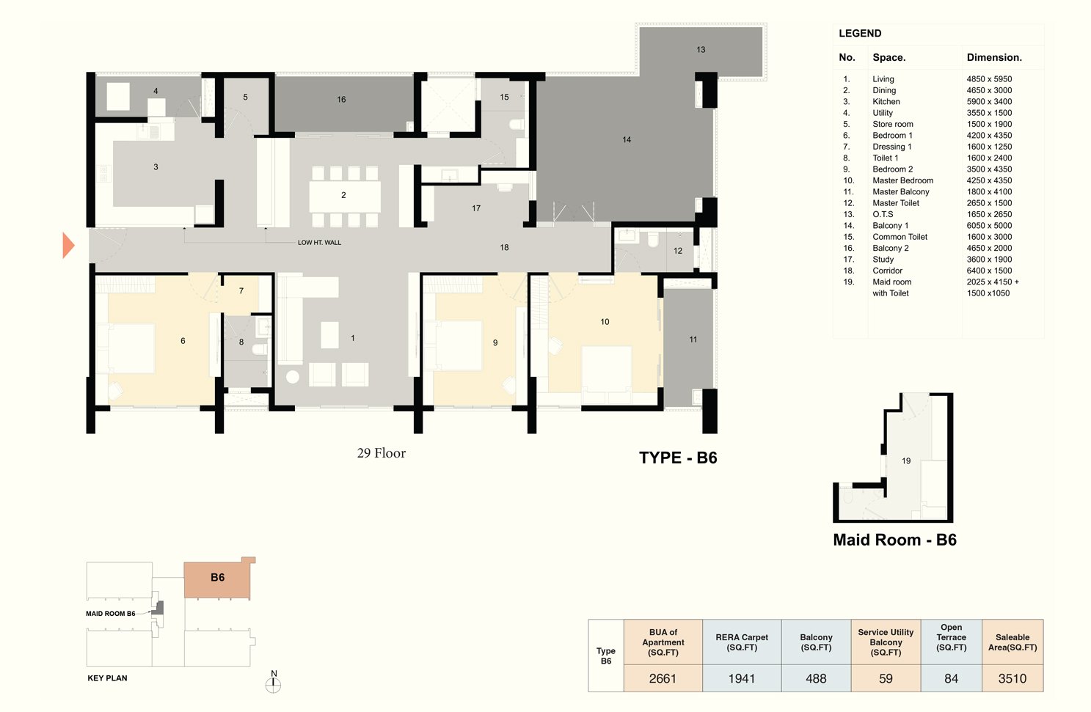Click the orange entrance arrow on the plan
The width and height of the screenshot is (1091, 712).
(68, 246)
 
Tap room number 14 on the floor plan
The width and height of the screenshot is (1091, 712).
(627, 139)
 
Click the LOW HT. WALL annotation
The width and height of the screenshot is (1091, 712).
(319, 243)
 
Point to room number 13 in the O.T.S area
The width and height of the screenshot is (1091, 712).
(701, 50)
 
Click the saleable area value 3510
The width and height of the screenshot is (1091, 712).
(1012, 678)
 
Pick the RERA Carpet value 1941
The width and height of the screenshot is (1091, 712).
(741, 678)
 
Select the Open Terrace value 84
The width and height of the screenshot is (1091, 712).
(951, 678)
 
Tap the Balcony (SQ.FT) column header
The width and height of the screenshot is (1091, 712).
(816, 642)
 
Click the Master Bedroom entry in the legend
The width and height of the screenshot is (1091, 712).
(902, 180)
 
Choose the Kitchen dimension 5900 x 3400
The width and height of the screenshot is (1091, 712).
(989, 102)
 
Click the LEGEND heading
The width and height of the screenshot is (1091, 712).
(860, 34)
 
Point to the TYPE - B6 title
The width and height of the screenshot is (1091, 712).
(678, 458)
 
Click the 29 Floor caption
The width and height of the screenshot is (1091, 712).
(382, 453)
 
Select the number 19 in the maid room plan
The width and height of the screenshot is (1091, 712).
(906, 461)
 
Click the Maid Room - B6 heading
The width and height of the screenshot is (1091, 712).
(894, 540)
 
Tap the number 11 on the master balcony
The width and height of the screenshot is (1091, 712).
(693, 340)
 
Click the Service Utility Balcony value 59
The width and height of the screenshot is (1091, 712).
(886, 678)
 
